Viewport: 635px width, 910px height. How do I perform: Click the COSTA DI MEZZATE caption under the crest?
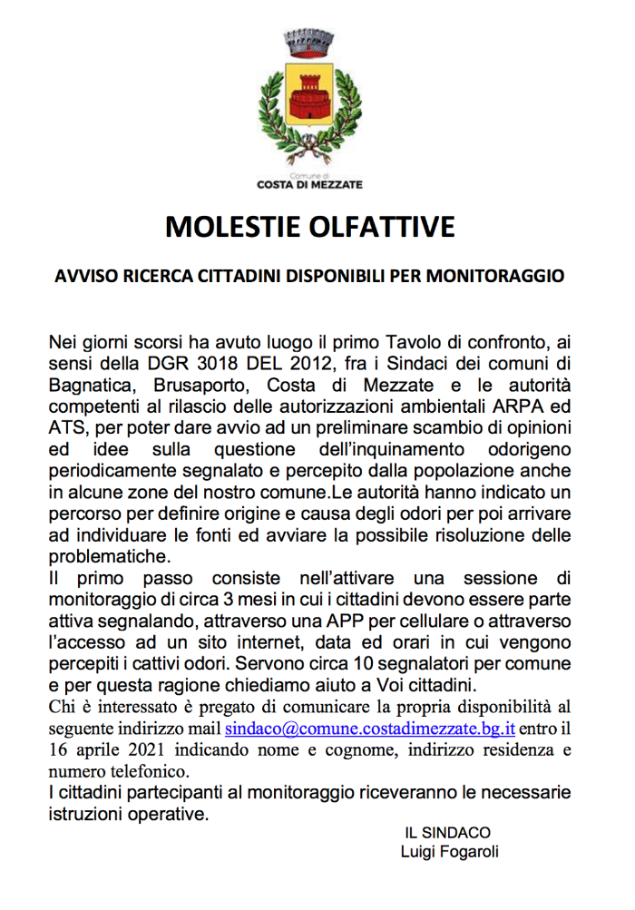[309, 185]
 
